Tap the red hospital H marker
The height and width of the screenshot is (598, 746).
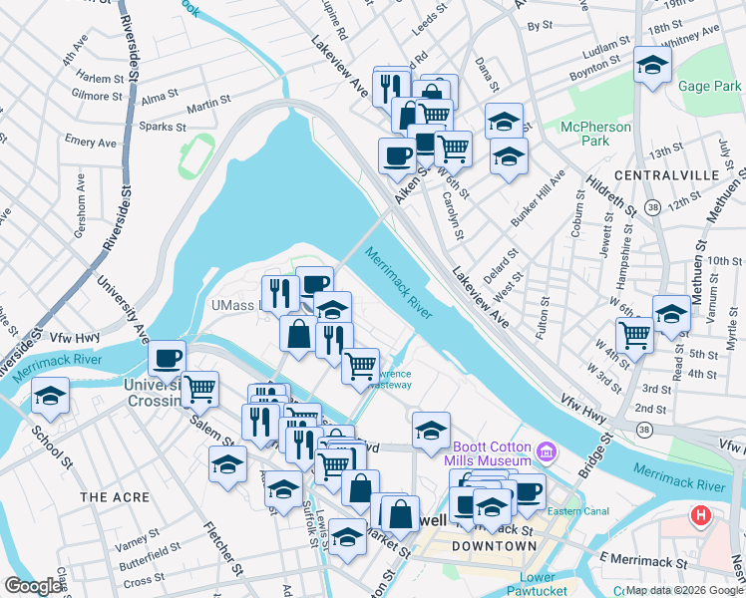pyautogui.click(x=701, y=517)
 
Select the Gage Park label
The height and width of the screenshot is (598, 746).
pyautogui.click(x=709, y=87)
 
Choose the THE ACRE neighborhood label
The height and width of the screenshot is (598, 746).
pyautogui.click(x=115, y=496)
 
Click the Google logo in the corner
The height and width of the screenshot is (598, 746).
pyautogui.click(x=33, y=586)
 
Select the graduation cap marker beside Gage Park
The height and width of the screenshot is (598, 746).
pyautogui.click(x=652, y=66)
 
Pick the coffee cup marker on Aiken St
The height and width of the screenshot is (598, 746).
pyautogui.click(x=397, y=155)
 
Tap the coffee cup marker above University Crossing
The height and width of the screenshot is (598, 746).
pyautogui.click(x=167, y=357)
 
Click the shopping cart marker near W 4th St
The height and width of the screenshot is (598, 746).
pyautogui.click(x=634, y=336)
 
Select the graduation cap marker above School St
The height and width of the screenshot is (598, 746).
pyautogui.click(x=50, y=396)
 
